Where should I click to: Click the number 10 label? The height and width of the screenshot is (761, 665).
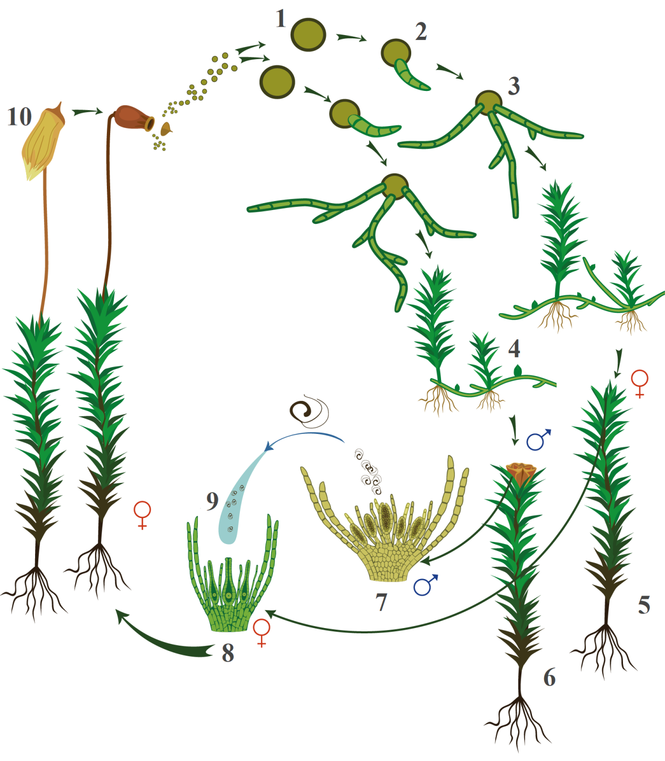pyautogui.click(x=19, y=117)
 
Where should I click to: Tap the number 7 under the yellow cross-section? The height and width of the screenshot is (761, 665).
pyautogui.click(x=381, y=602)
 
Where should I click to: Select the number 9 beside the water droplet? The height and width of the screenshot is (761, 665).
pyautogui.click(x=212, y=501)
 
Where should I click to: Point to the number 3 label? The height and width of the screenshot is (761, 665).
pyautogui.click(x=514, y=86)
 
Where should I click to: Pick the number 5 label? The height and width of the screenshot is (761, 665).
pyautogui.click(x=644, y=605)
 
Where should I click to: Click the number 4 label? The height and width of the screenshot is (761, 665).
pyautogui.click(x=514, y=349)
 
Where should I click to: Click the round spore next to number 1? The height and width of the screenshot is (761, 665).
pyautogui.click(x=308, y=35)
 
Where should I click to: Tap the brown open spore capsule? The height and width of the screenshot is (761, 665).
pyautogui.click(x=134, y=118)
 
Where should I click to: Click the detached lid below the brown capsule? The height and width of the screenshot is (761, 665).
pyautogui.click(x=166, y=129)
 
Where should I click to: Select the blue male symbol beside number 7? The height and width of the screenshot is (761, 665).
pyautogui.click(x=426, y=585)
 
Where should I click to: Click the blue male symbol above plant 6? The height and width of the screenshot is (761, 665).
pyautogui.click(x=538, y=440)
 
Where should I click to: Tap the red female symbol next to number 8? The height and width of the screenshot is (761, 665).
pyautogui.click(x=262, y=633)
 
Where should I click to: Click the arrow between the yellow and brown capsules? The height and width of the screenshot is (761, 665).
pyautogui.click(x=87, y=112)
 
